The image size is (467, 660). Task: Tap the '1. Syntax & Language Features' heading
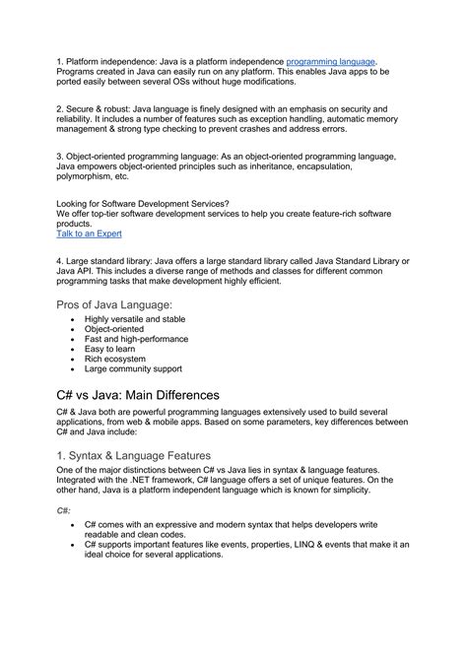[x=134, y=456]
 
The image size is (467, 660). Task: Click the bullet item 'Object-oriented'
[x=114, y=333]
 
